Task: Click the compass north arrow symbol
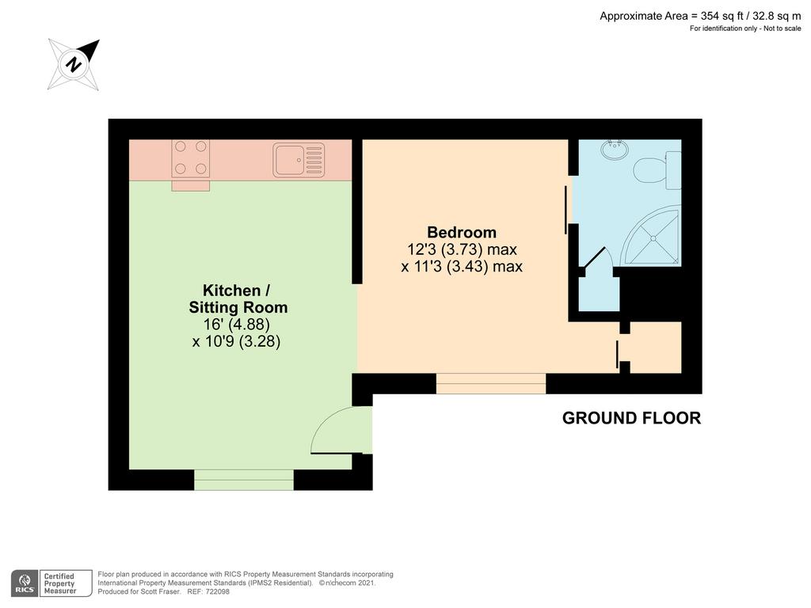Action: click(74, 65)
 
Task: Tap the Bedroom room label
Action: click(462, 232)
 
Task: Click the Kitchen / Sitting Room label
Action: click(238, 298)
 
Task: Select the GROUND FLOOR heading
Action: click(631, 418)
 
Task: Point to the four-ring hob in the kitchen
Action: click(190, 158)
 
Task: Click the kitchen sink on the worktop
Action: click(299, 160)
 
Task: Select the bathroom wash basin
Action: click(615, 150)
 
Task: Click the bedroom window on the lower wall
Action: click(491, 383)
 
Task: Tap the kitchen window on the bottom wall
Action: click(244, 480)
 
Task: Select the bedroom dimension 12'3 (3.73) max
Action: click(462, 249)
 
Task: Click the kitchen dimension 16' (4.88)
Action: click(236, 325)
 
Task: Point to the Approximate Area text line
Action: click(700, 16)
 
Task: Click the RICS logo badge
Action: click(25, 583)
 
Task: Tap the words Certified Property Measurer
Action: click(60, 583)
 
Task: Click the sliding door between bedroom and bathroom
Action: click(566, 210)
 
